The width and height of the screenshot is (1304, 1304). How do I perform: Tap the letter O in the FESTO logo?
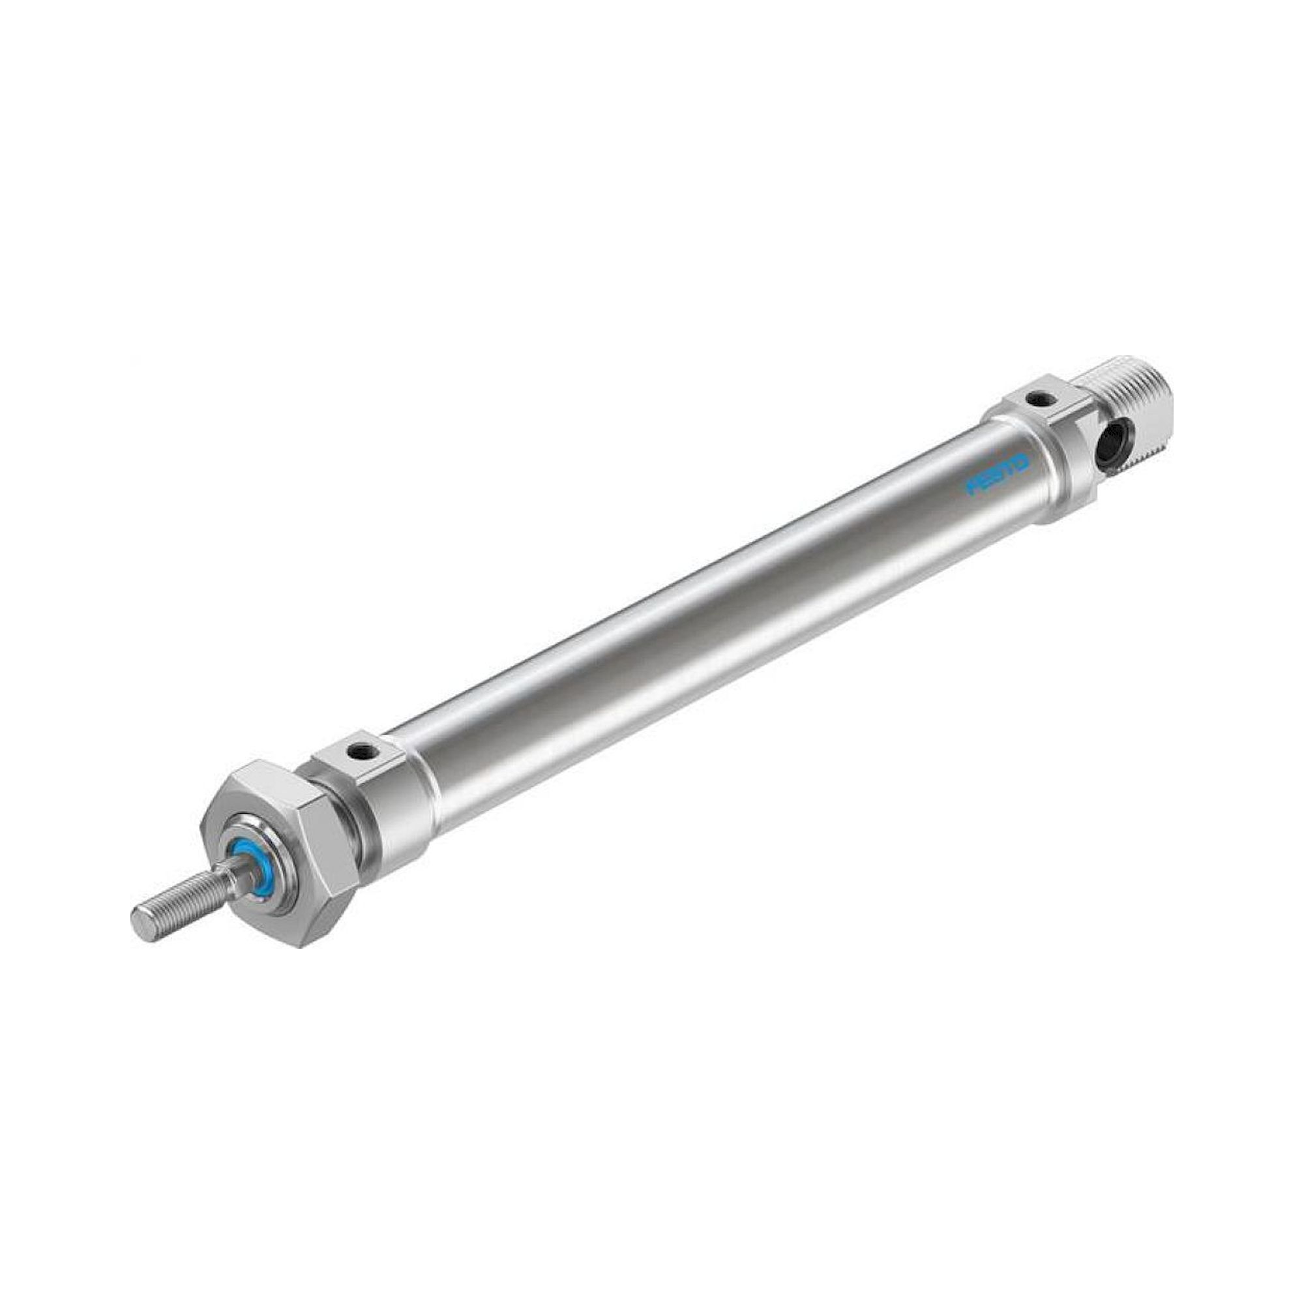[1020, 466]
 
